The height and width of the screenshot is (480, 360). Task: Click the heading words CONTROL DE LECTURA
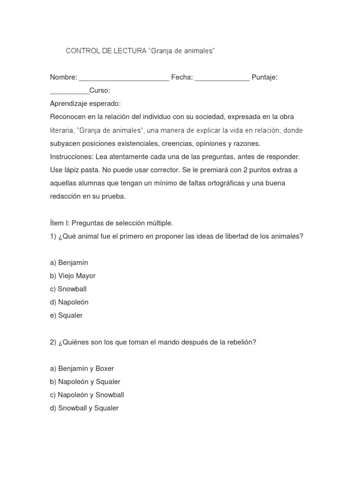pyautogui.click(x=106, y=51)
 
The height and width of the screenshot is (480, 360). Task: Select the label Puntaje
pyautogui.click(x=264, y=77)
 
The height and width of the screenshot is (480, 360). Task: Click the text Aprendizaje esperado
pyautogui.click(x=85, y=103)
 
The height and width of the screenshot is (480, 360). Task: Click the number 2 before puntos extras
pyautogui.click(x=246, y=170)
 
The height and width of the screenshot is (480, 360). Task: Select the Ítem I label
pyautogui.click(x=59, y=223)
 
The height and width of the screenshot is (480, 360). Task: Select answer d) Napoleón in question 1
pyautogui.click(x=69, y=302)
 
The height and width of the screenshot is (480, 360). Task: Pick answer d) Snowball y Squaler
pyautogui.click(x=84, y=408)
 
